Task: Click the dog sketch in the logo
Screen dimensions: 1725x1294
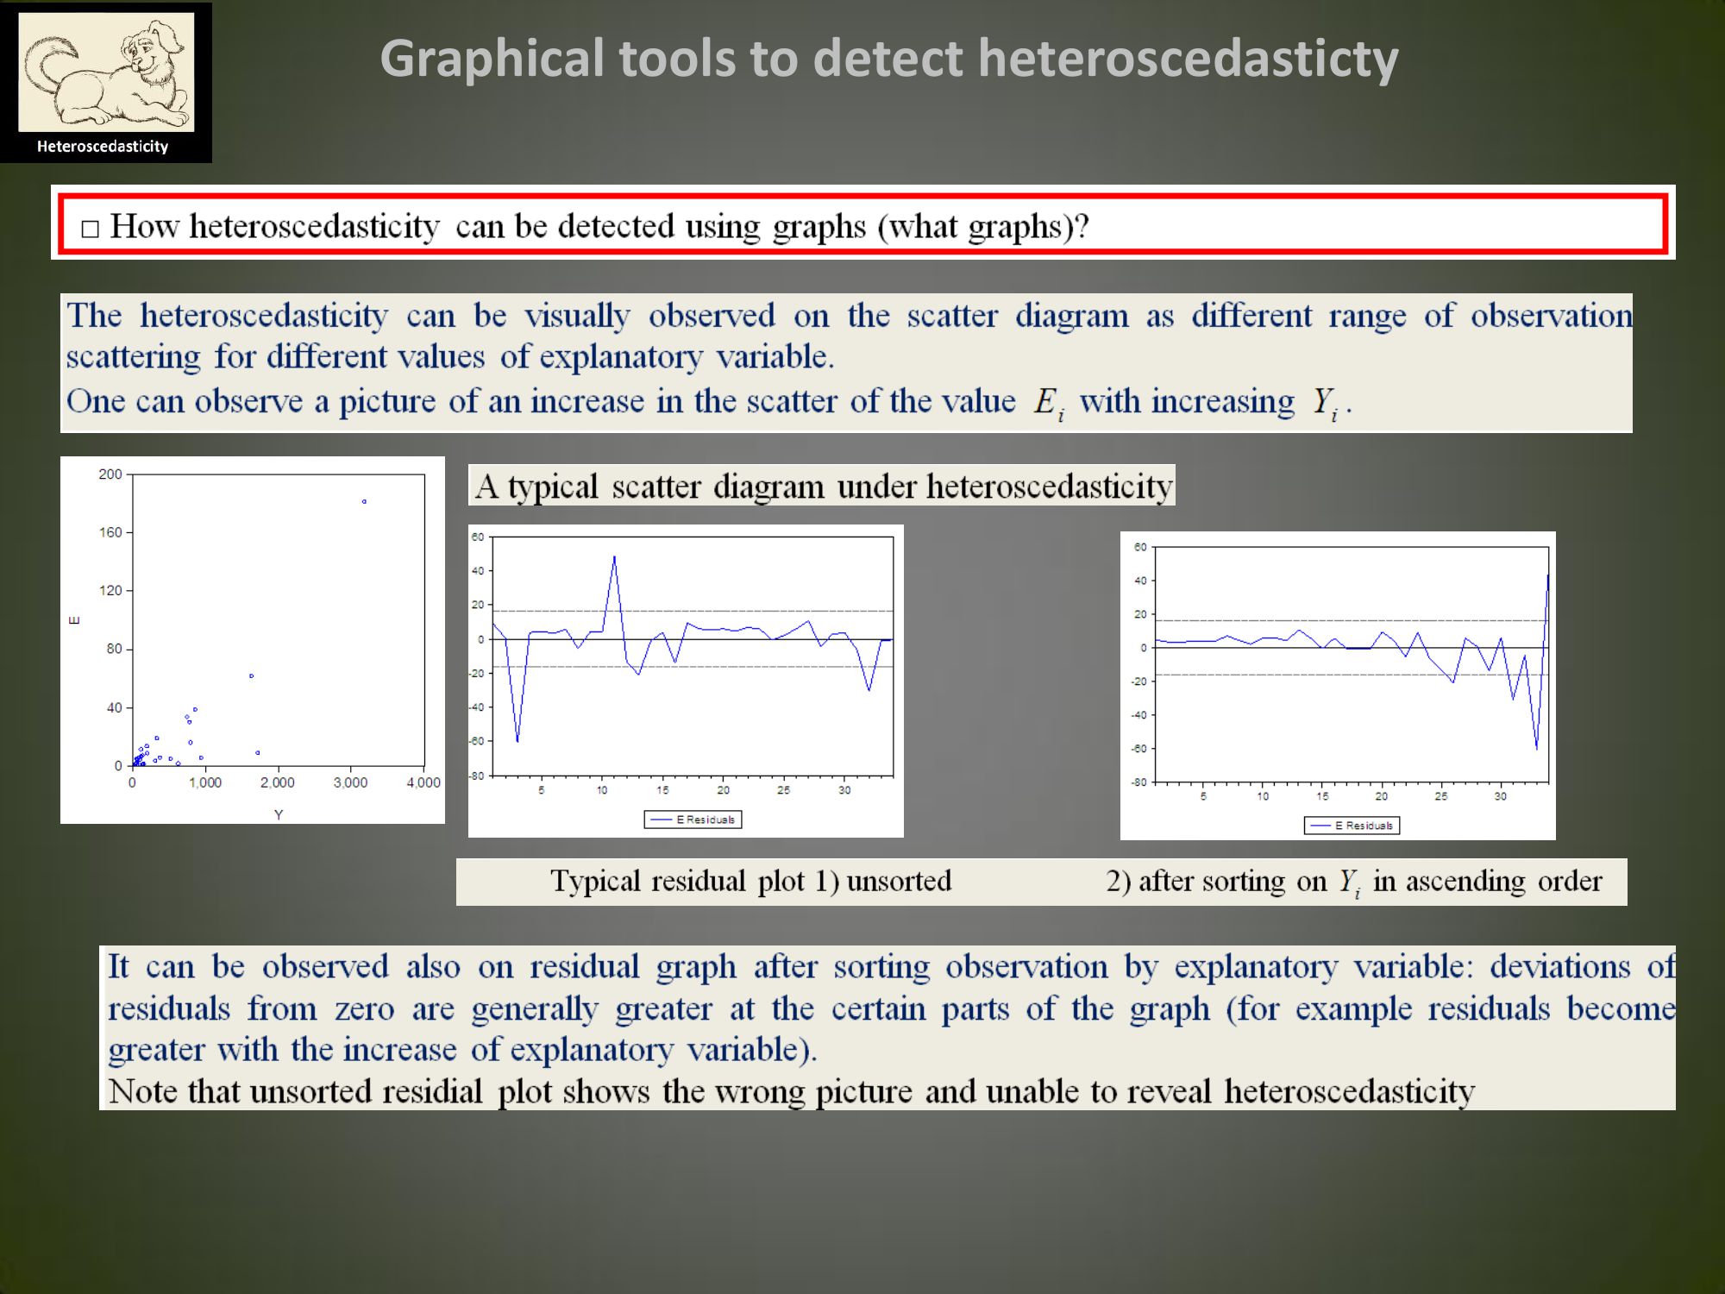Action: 106,72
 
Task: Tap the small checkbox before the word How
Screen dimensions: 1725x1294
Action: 90,229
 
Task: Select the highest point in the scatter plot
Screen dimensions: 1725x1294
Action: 364,501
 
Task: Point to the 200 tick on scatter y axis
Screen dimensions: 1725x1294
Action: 110,474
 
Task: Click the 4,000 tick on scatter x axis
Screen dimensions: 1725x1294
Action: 423,782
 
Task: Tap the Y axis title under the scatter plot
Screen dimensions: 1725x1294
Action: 279,814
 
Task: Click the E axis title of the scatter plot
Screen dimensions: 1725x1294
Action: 74,619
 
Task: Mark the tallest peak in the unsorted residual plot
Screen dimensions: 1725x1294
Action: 614,556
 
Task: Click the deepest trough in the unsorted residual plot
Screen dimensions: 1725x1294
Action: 517,740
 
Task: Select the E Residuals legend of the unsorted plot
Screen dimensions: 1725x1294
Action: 693,820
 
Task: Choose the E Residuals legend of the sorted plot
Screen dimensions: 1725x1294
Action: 1352,826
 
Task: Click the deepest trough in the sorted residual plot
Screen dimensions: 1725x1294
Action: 1536,747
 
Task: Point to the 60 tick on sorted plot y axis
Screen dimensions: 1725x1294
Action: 1140,547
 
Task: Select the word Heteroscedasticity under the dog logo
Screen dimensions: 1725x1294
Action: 103,147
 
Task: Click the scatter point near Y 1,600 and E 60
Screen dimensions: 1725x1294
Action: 251,675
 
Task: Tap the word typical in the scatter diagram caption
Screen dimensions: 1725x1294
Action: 553,487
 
